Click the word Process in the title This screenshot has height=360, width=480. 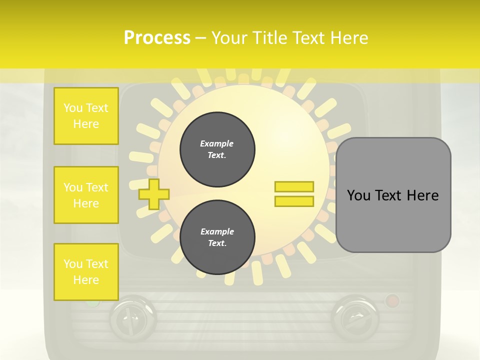[157, 37]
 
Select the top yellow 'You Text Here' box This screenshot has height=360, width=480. [86, 116]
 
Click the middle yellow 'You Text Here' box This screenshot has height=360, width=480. [86, 195]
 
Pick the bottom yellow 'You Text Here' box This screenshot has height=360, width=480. [86, 271]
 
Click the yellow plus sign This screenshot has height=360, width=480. [154, 193]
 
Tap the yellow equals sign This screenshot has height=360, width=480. [294, 194]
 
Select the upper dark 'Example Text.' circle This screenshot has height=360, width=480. [217, 149]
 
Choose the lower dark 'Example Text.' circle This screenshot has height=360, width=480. [217, 237]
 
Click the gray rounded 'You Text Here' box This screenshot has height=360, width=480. [393, 195]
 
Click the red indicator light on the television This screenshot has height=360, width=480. [392, 301]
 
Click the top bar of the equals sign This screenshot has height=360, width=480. [294, 186]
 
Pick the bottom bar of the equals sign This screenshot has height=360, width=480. [294, 201]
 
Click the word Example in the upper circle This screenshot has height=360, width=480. [217, 143]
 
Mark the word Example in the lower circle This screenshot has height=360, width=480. [217, 231]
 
